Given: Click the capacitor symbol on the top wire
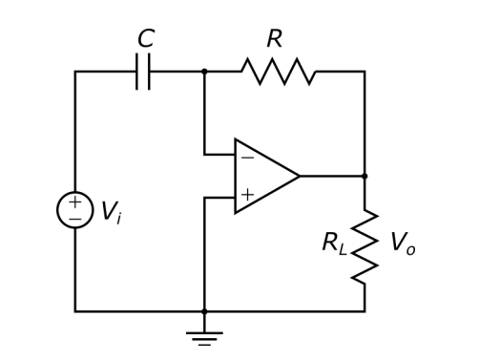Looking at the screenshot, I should coord(143,72).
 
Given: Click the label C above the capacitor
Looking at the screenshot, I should coord(145,39).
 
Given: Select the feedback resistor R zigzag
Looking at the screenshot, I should coord(279,72).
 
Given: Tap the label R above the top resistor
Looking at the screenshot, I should coord(274,39).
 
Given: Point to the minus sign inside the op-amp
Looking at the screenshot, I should coord(247,158).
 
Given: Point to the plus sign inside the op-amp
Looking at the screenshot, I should coord(247,195).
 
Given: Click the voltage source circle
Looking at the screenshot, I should coord(74,210).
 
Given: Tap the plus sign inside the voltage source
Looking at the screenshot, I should coord(74,202).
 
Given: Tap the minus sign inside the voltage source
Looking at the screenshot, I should coord(74,219).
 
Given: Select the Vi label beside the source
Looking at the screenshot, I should coord(110,213).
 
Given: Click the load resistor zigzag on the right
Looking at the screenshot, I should coord(365,246).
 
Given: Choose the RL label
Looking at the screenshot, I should coord(334,244).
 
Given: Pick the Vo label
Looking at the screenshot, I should coord(402,244).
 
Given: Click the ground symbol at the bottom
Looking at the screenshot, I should coord(204,336).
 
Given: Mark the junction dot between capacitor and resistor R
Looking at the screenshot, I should coord(204,72).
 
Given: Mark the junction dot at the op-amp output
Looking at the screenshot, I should coord(365,177).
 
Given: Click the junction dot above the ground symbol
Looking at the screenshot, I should coord(204,311).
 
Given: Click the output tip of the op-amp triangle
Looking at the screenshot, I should coord(299,177).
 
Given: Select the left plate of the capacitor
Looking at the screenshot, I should coord(137,72).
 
